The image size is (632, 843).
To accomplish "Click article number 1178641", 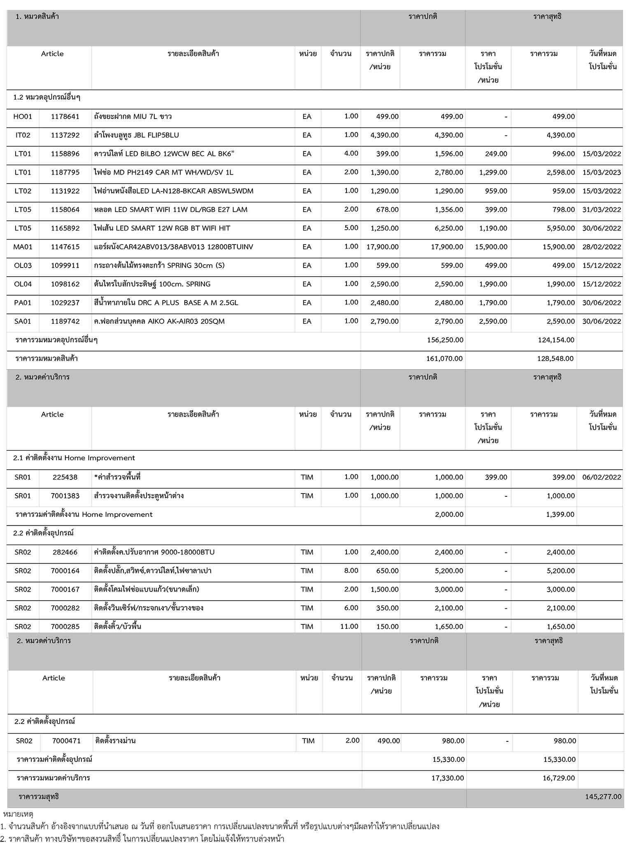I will (65, 116).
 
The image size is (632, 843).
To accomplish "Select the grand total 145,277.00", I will (603, 796).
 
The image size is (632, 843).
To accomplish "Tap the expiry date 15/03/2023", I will (602, 172).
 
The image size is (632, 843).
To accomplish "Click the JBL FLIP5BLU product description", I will (136, 135).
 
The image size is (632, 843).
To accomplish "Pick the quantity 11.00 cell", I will (349, 626).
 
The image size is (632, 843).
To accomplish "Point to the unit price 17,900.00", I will (382, 247).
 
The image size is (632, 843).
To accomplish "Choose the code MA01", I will (23, 247).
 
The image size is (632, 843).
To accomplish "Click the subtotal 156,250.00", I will (445, 340).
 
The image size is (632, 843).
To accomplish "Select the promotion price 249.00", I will (496, 154).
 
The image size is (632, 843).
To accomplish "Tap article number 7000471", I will (66, 741).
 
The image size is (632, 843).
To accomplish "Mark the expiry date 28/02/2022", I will (602, 247).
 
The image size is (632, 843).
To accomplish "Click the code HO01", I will (23, 116).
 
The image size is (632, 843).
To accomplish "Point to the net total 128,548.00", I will (555, 359).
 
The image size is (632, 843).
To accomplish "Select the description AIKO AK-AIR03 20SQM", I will (159, 321).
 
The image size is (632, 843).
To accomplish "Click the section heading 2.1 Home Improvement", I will (74, 458).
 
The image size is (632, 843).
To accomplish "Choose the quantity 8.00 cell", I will (351, 571).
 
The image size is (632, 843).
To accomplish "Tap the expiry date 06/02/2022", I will (602, 477).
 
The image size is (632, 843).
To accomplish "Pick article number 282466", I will (65, 552).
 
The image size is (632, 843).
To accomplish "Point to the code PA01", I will (23, 303).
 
